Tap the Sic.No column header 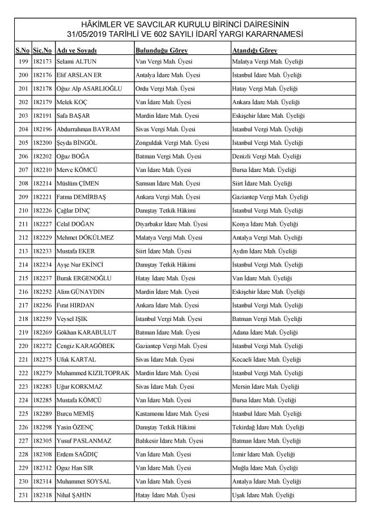[x=42, y=51]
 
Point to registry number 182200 [x=42, y=143]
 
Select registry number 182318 [x=42, y=495]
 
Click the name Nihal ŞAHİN [x=74, y=495]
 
